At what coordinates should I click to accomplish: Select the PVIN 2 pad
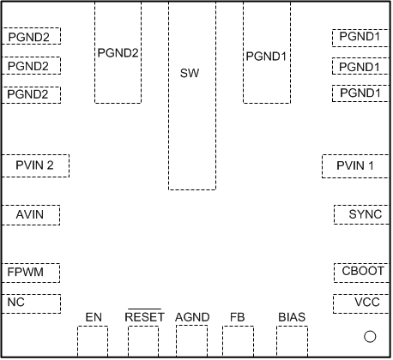pyautogui.click(x=34, y=165)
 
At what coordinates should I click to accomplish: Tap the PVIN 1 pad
pyautogui.click(x=355, y=165)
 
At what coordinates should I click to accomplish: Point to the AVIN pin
pyautogui.click(x=31, y=214)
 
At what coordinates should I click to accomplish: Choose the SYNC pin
pyautogui.click(x=360, y=214)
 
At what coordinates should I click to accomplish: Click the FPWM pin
pyautogui.click(x=31, y=273)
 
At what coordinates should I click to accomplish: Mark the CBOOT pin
pyautogui.click(x=360, y=272)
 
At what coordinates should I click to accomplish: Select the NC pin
pyautogui.click(x=31, y=303)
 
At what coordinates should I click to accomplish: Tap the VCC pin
pyautogui.click(x=360, y=303)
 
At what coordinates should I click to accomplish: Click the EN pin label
pyautogui.click(x=94, y=318)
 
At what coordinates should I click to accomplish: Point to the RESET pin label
pyautogui.click(x=143, y=318)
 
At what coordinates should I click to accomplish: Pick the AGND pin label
pyautogui.click(x=192, y=318)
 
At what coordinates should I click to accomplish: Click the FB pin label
pyautogui.click(x=237, y=318)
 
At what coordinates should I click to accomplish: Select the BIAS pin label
pyautogui.click(x=292, y=318)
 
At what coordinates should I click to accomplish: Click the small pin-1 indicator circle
pyautogui.click(x=371, y=337)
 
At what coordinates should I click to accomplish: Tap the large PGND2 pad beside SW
pyautogui.click(x=118, y=53)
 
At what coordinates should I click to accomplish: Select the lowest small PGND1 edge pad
pyautogui.click(x=360, y=93)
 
